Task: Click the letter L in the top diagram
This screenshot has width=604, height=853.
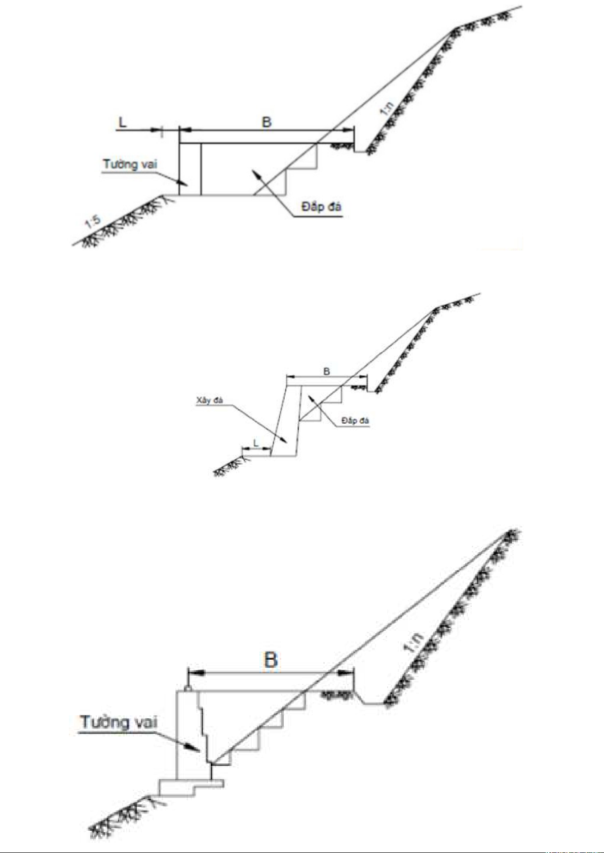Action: (x=122, y=122)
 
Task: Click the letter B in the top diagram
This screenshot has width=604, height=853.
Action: (x=267, y=122)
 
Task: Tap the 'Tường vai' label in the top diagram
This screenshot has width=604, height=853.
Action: (x=130, y=165)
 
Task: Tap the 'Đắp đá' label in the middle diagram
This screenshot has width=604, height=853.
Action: (x=356, y=421)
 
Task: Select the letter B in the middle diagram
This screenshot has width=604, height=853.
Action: (x=327, y=371)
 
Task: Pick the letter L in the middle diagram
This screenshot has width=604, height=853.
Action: (x=256, y=443)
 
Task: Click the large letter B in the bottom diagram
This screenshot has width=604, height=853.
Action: (x=271, y=660)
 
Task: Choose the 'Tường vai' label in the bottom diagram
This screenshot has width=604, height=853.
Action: (x=119, y=722)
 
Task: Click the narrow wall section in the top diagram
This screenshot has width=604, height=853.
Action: (x=190, y=170)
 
